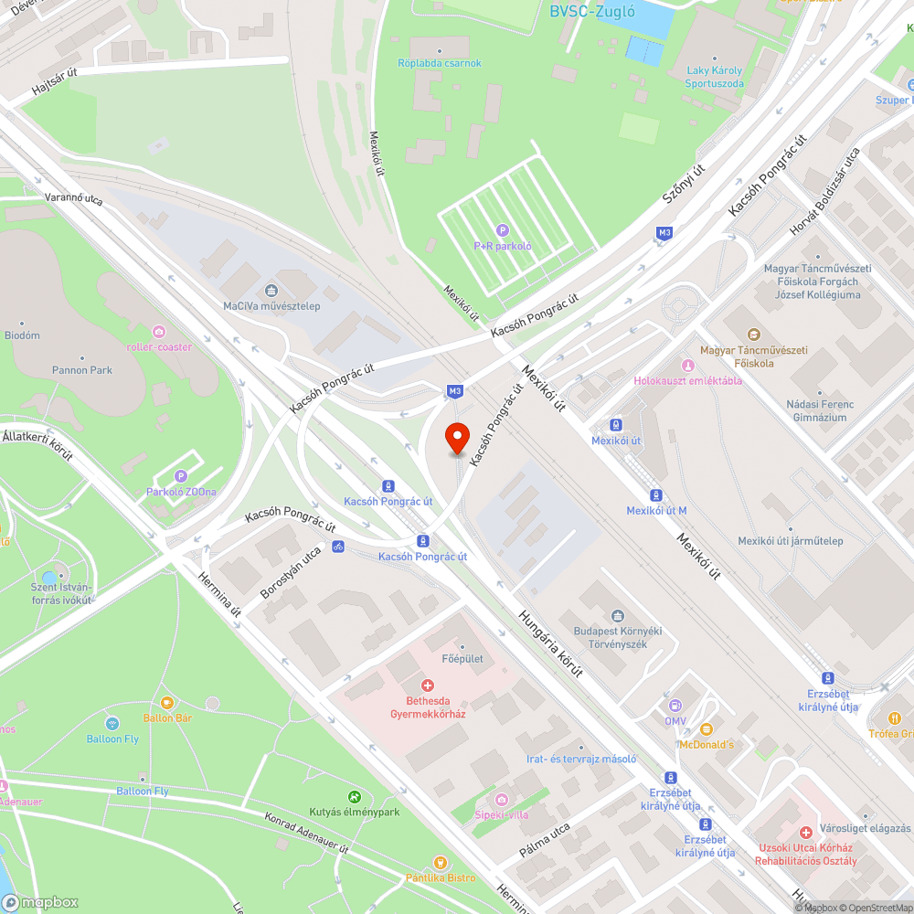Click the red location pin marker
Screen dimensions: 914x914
(x=456, y=438)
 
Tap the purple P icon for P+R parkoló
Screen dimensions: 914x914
(x=502, y=230)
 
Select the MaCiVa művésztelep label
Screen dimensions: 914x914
(x=271, y=306)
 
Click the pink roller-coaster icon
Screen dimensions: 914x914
(x=159, y=331)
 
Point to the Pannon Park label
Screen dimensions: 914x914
(x=82, y=370)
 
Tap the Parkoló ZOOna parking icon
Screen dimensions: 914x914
(x=181, y=476)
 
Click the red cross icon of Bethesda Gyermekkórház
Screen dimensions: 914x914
(x=426, y=685)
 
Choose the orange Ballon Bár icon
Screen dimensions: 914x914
(x=166, y=703)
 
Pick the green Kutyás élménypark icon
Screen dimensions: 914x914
(x=356, y=797)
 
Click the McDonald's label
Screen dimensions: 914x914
(x=706, y=745)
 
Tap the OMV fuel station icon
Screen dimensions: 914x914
(x=675, y=706)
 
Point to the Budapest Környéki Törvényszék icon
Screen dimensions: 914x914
(x=618, y=616)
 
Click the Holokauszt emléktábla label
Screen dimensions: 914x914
(x=688, y=380)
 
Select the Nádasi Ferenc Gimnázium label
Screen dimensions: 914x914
(x=820, y=410)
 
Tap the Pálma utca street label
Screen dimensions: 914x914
(x=545, y=842)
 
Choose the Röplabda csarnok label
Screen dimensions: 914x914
(x=439, y=63)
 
